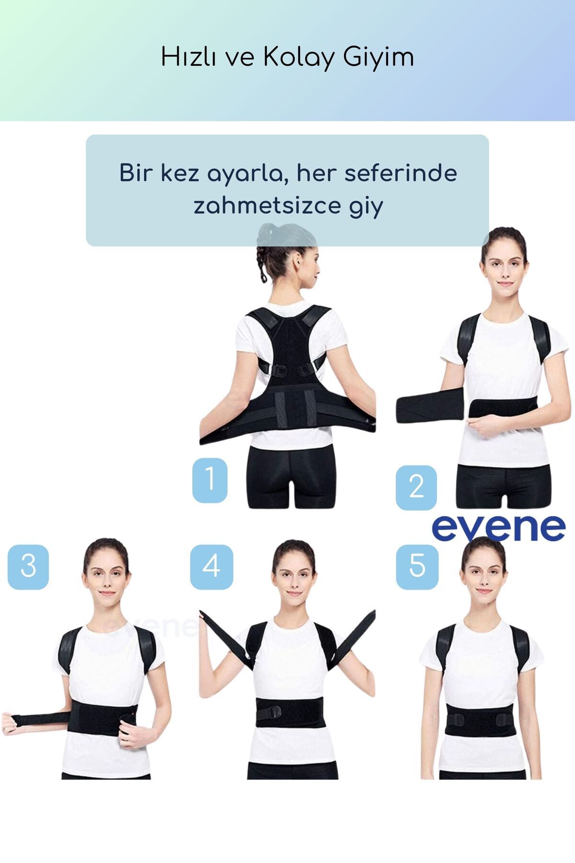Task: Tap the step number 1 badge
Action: (210, 480)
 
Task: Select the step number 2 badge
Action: (416, 487)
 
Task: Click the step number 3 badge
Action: (28, 567)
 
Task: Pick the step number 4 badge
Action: (211, 567)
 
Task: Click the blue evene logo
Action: (499, 527)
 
